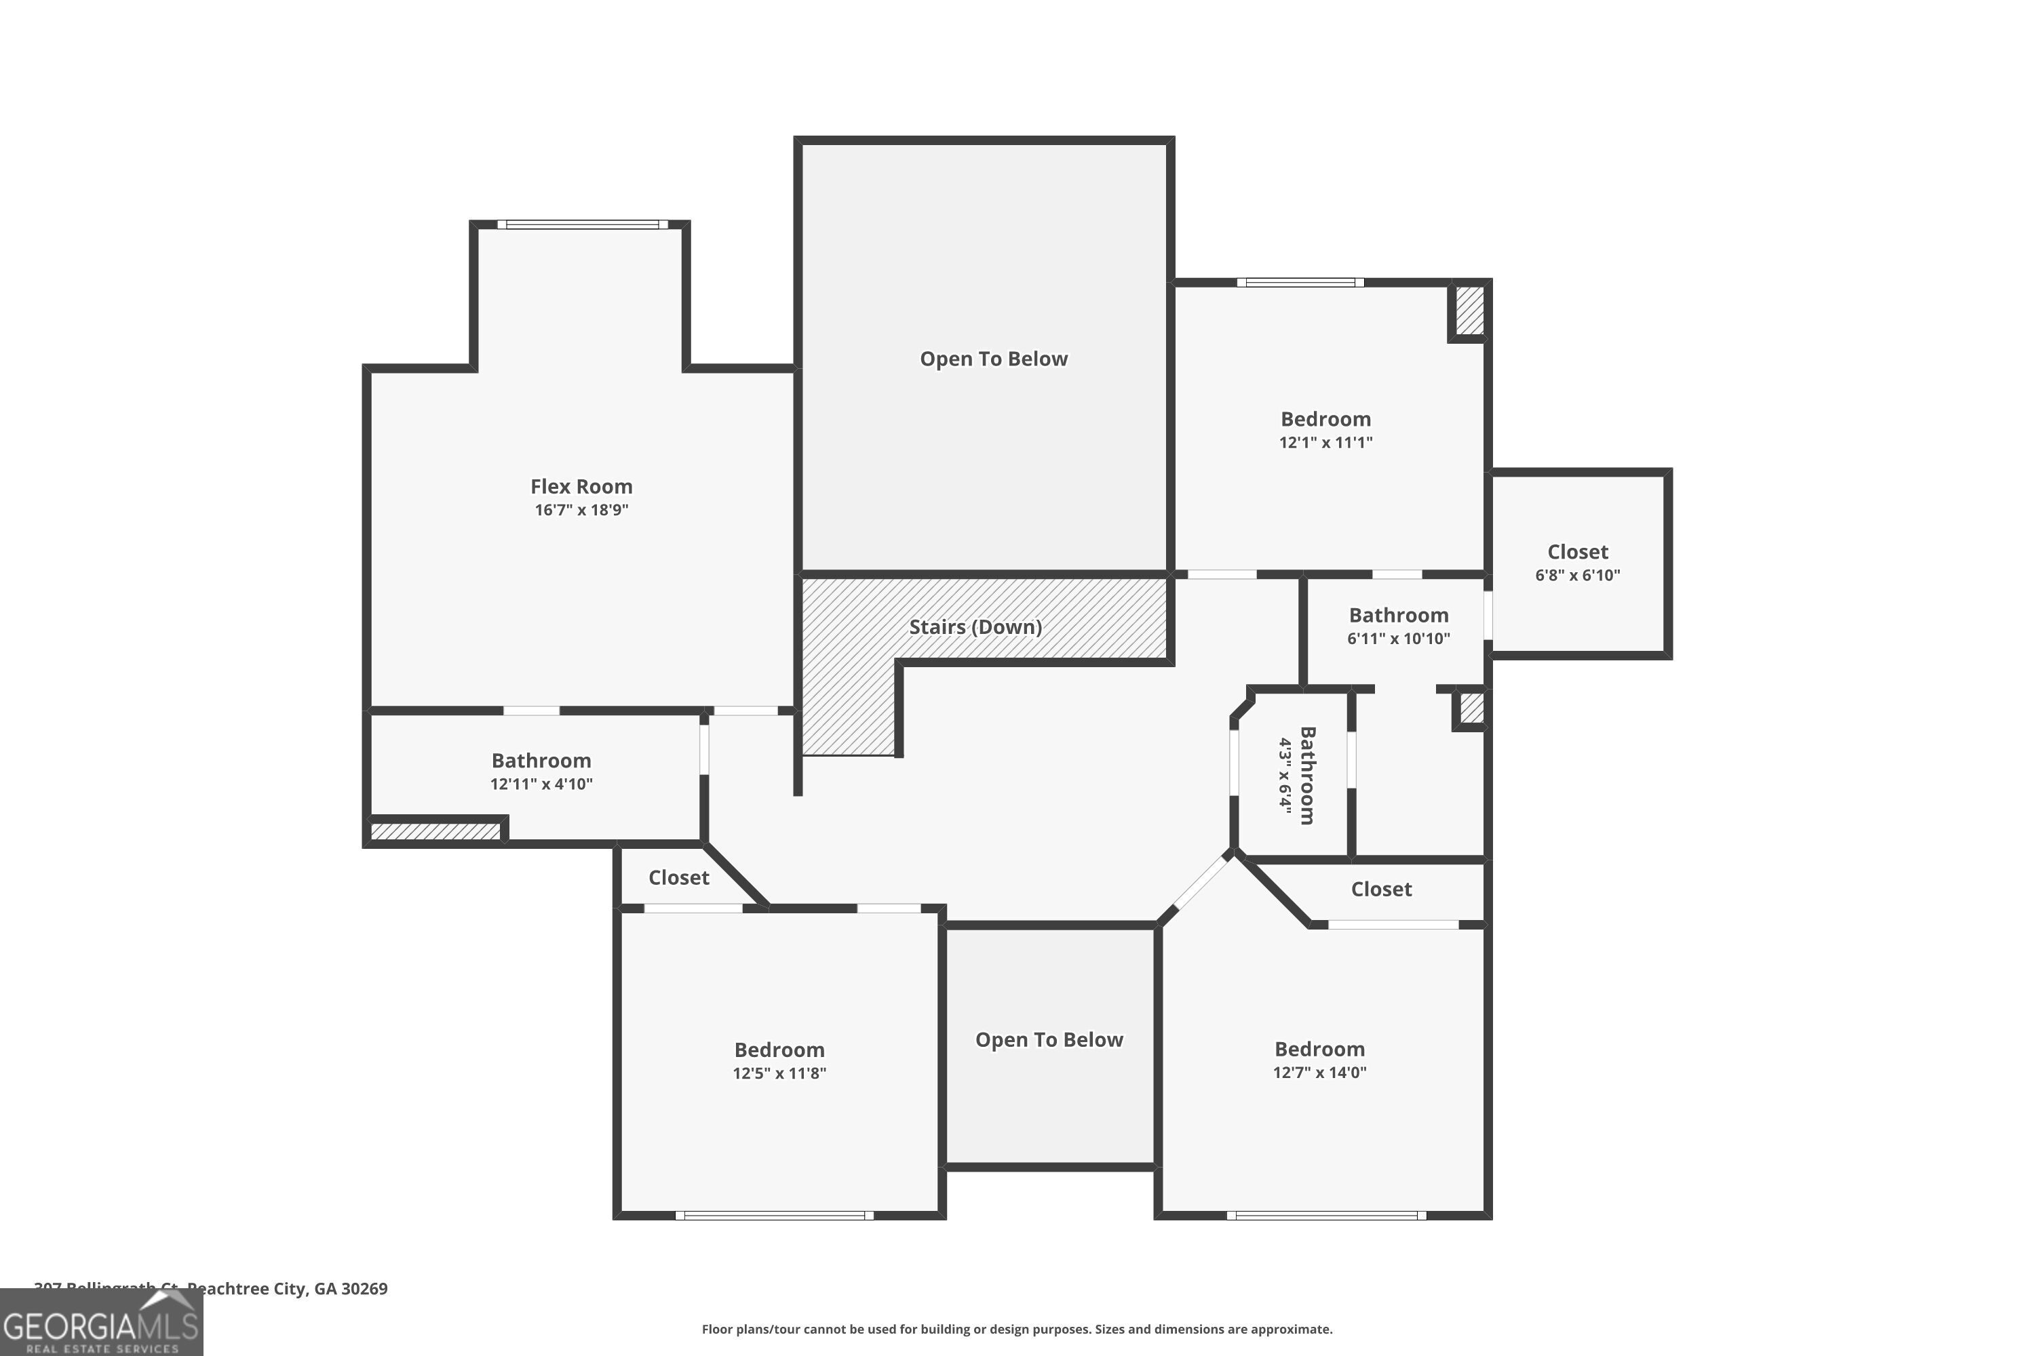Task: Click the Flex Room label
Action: click(581, 487)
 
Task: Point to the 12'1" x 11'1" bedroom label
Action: click(1325, 430)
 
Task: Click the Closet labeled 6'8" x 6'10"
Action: click(1577, 562)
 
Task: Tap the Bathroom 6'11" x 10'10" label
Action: click(1398, 626)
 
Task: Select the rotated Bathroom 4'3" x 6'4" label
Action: click(1296, 776)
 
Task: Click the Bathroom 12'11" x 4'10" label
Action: click(541, 772)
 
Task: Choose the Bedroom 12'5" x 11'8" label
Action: click(779, 1060)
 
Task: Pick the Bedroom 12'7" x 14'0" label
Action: click(1319, 1059)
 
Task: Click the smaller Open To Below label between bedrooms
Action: click(1049, 1040)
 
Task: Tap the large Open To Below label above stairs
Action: click(993, 359)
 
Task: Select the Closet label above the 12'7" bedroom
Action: click(1381, 889)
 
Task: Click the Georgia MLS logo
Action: click(101, 1323)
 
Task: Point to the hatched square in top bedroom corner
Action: click(1469, 311)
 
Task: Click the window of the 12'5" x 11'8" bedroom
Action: click(775, 1215)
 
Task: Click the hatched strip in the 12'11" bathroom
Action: click(435, 832)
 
